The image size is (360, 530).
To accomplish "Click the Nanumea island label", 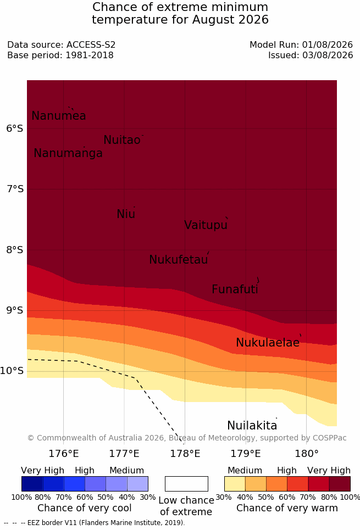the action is coord(58,115).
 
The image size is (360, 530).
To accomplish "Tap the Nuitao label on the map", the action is coord(122,140).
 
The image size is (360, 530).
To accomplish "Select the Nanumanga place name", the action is coord(68,153).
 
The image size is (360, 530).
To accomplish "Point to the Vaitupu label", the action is coord(206,225).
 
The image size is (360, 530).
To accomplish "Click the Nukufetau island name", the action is coord(178,260).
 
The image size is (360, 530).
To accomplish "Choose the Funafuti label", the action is coord(235,289).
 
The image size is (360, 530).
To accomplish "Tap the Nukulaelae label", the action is coord(268,342).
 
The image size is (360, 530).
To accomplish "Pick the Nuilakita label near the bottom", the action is coord(252,425).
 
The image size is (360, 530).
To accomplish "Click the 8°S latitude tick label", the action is coord(15,250).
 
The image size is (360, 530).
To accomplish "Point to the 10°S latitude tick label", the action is coord(12,371).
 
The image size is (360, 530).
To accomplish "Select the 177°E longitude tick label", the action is coord(124,454).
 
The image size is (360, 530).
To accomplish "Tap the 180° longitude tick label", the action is coord(307,454).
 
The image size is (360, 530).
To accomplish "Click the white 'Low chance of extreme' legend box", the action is coord(186,484).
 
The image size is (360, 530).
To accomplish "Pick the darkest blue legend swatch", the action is coord(32,484).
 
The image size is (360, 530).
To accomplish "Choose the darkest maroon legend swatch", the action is coord(340,484).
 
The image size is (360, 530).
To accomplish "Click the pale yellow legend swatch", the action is coord(235,484).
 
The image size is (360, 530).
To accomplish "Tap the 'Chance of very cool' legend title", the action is coord(85,508).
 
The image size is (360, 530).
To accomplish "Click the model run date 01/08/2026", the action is coord(327,45).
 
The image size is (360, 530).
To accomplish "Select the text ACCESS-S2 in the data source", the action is coord(91,45).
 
